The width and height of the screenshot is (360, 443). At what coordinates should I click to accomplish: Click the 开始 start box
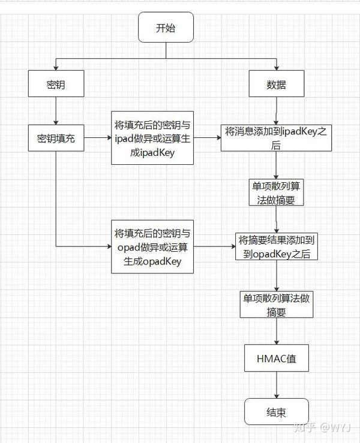[166, 28]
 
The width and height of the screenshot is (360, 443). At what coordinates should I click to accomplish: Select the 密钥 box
[55, 85]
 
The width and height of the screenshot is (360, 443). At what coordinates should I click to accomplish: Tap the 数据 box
[276, 85]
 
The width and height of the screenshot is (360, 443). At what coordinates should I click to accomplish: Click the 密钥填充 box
[55, 138]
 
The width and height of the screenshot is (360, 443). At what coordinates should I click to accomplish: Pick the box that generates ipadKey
[152, 138]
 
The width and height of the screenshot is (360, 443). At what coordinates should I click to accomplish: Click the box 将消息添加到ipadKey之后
[276, 138]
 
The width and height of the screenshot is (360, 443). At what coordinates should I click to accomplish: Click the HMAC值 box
[276, 359]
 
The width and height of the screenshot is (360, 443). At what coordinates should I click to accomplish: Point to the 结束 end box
[276, 413]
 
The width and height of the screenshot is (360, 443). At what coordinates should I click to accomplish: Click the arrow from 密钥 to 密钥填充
[55, 111]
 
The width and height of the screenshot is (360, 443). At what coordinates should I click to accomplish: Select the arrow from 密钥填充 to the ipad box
[98, 138]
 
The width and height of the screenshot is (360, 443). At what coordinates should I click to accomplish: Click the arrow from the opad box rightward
[215, 246]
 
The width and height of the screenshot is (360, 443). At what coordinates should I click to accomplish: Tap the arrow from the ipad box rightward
[208, 138]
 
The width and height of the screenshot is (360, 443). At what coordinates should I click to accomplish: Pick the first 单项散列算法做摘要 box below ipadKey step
[276, 192]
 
